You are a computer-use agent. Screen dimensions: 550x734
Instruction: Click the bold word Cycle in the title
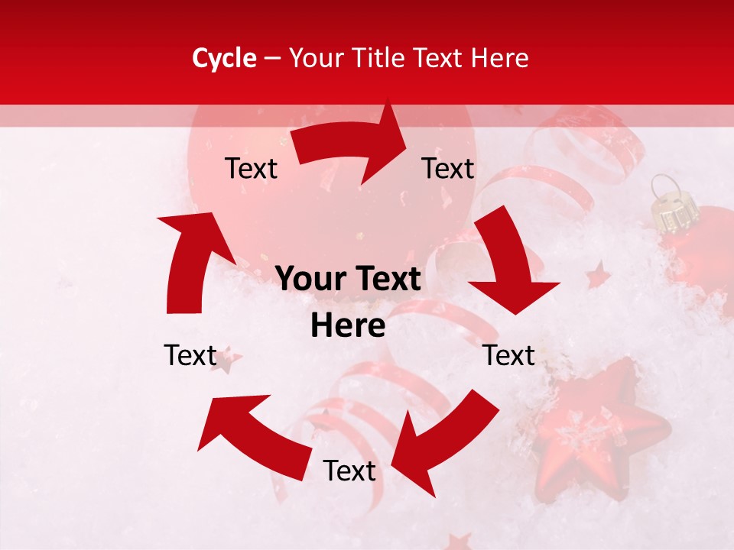click(224, 58)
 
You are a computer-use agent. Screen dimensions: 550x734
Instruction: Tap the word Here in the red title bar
click(498, 58)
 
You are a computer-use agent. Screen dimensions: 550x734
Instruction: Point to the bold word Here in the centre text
click(348, 325)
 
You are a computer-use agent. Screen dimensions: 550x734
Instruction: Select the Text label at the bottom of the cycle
click(349, 471)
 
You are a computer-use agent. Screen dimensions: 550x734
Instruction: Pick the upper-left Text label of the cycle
click(251, 169)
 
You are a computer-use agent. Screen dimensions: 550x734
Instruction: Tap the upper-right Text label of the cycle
click(448, 169)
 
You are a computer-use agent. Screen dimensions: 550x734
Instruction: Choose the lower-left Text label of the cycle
click(190, 355)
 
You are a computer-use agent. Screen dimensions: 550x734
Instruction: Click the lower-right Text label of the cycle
click(508, 355)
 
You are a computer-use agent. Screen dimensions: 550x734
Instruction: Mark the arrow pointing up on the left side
click(191, 260)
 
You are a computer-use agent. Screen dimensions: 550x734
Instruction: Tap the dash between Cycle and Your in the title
click(272, 58)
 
